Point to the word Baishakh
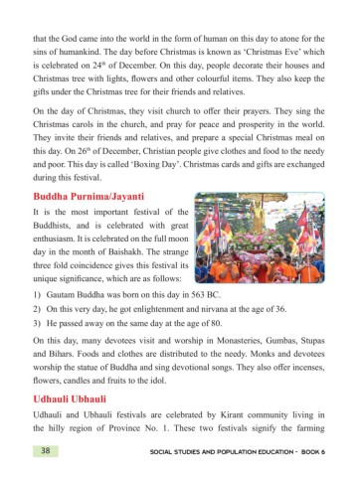point(137,259)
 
